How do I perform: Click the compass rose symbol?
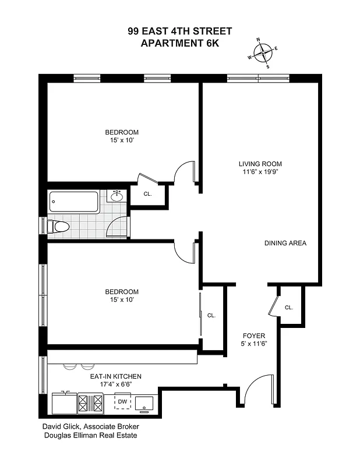tap(264, 53)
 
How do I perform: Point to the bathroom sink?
tap(117, 196)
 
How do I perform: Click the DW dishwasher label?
tap(122, 401)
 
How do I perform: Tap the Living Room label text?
tap(260, 164)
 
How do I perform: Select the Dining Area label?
tap(285, 243)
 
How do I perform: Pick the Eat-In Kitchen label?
tap(115, 377)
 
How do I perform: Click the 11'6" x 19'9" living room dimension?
tap(260, 172)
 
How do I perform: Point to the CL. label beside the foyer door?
tap(289, 308)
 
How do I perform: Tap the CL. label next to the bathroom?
tap(147, 194)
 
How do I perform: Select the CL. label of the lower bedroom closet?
tap(211, 315)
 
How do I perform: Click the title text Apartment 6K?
tap(179, 43)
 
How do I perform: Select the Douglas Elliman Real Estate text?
tap(90, 435)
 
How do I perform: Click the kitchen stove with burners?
tap(90, 403)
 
